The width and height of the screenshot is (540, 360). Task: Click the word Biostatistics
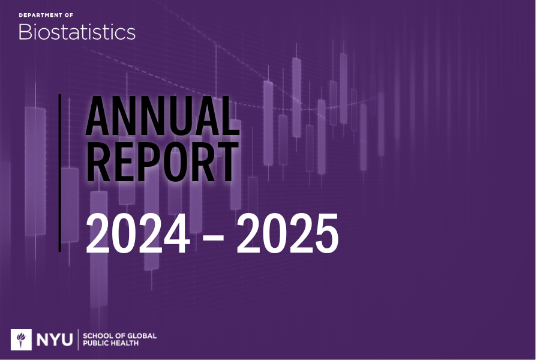tap(77, 32)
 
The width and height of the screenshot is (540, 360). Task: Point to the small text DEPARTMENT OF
tap(46, 14)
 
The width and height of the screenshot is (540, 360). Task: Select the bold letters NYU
tap(54, 340)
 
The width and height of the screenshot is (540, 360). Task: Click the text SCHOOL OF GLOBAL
tap(119, 335)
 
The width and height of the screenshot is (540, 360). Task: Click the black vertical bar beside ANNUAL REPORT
tap(60, 172)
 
